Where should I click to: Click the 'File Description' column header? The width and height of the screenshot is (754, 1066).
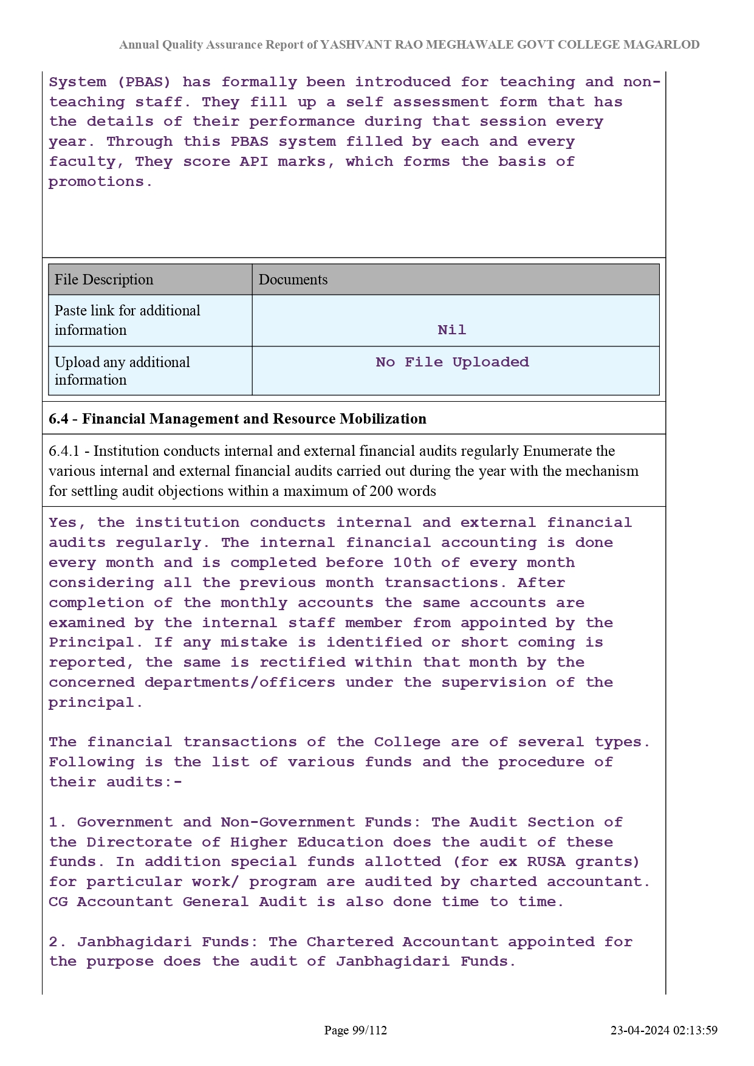pyautogui.click(x=104, y=280)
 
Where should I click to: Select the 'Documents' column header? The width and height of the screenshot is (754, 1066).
pyautogui.click(x=293, y=280)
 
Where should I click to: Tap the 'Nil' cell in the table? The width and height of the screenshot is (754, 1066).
pyautogui.click(x=451, y=330)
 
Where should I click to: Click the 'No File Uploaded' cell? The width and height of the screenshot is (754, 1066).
pyautogui.click(x=452, y=362)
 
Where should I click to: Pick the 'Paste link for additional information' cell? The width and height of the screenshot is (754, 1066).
pyautogui.click(x=127, y=320)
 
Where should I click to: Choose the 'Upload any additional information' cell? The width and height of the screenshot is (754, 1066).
pyautogui.click(x=122, y=371)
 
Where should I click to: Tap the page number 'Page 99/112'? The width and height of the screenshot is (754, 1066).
pyautogui.click(x=355, y=1030)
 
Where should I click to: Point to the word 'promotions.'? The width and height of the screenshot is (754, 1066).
pyautogui.click(x=100, y=182)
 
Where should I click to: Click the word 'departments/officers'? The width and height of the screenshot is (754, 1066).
pyautogui.click(x=239, y=683)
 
